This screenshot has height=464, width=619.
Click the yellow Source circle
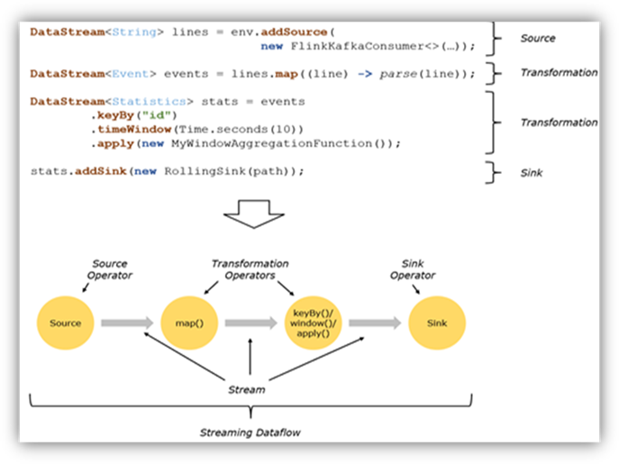(65, 323)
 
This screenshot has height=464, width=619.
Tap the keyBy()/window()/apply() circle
(312, 323)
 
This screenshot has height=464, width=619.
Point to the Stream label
(248, 390)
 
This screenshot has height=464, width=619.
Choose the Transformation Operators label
(250, 269)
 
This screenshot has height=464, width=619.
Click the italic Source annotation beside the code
(538, 39)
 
